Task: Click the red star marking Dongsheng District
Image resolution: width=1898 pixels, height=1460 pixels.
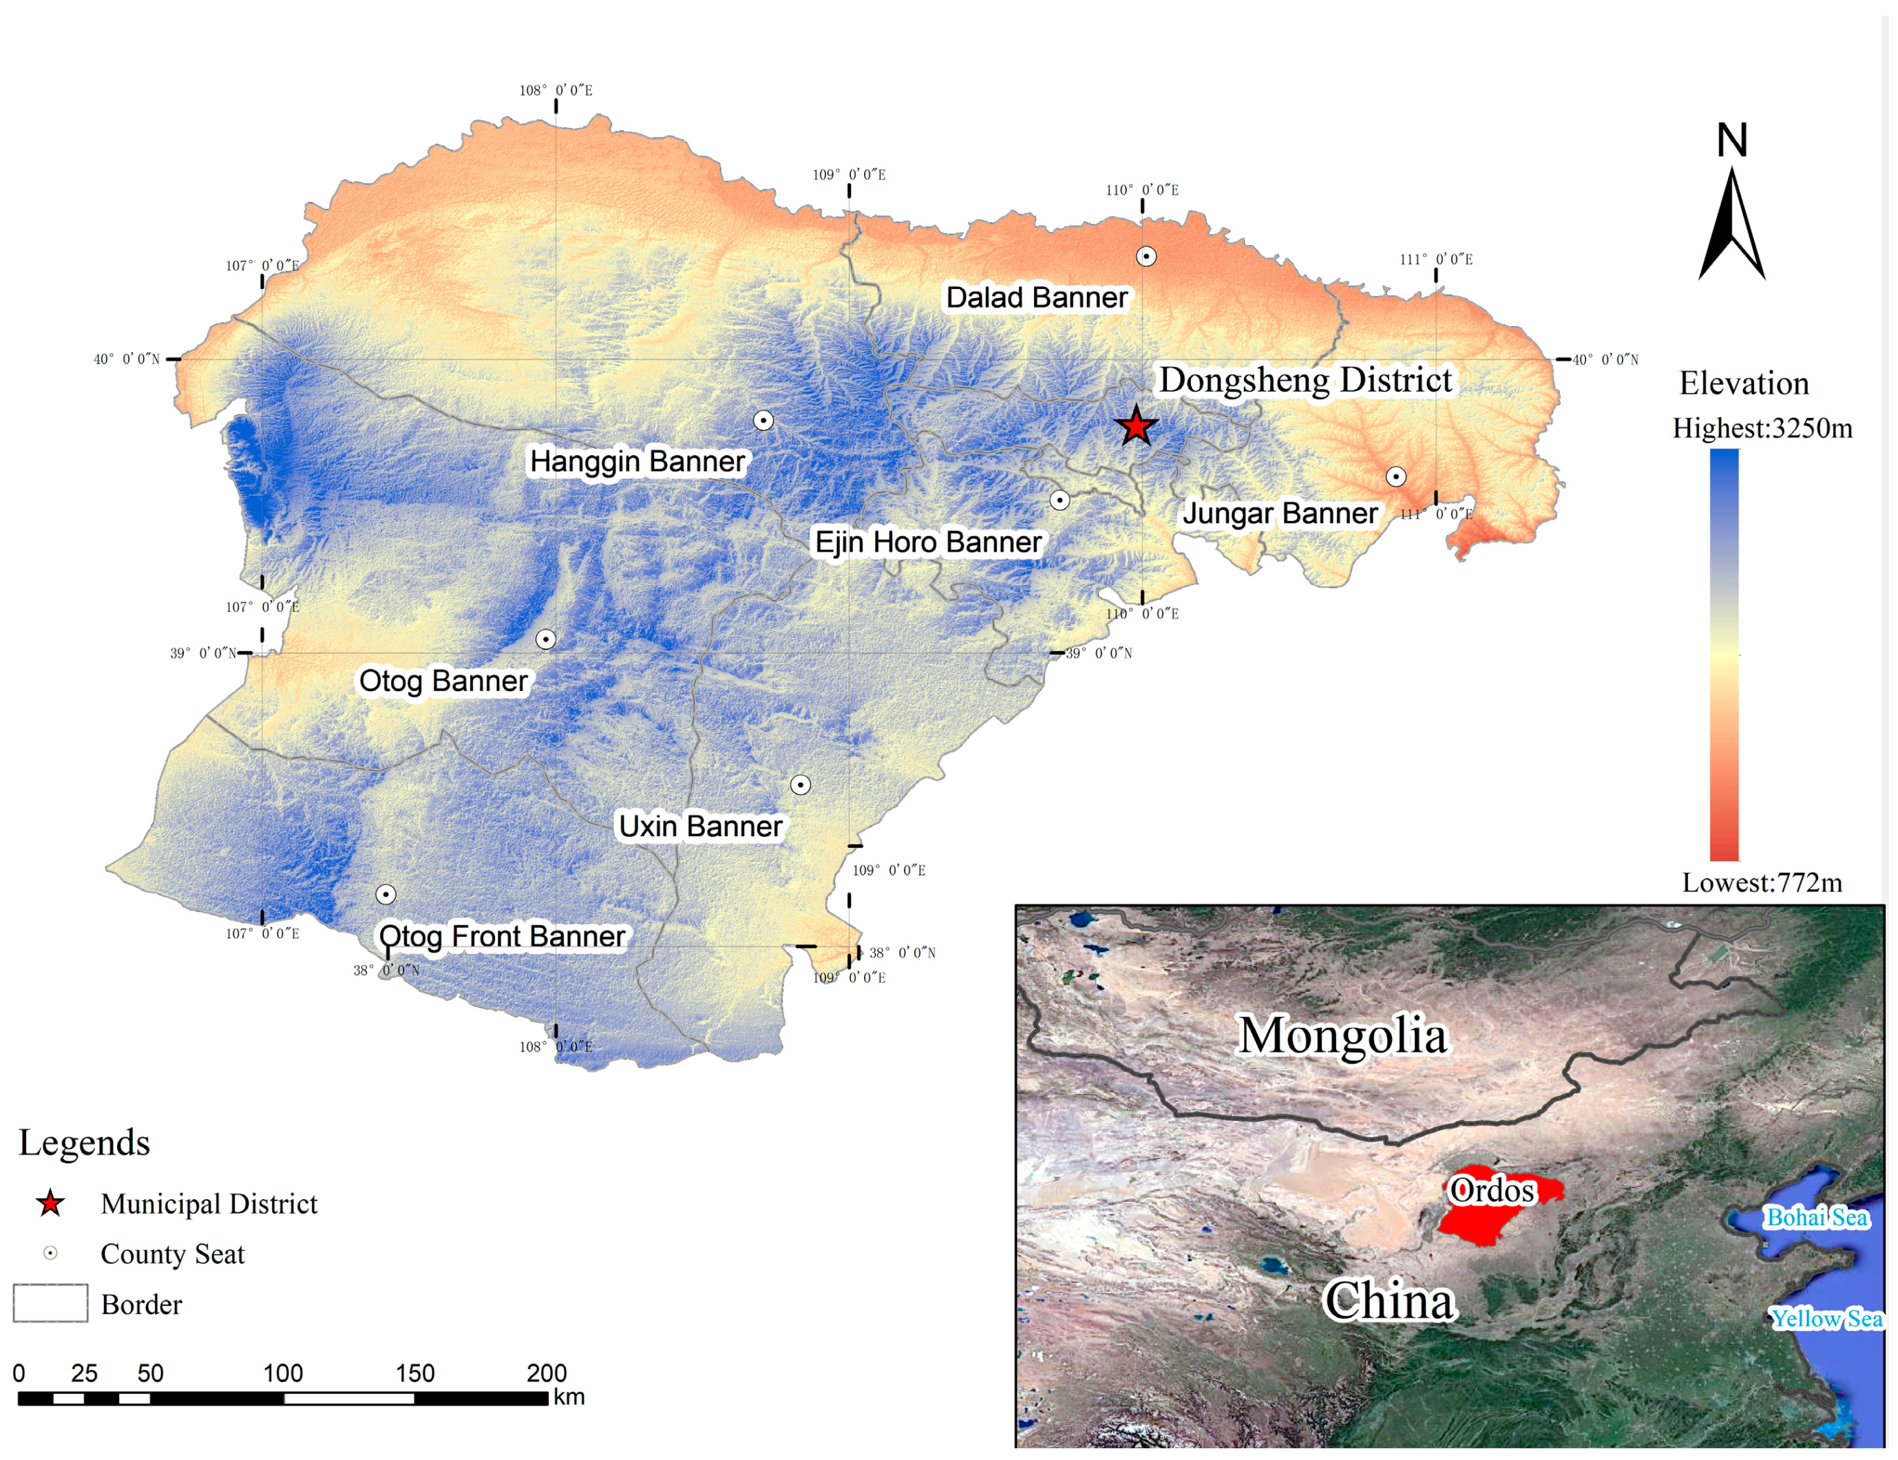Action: (x=1136, y=426)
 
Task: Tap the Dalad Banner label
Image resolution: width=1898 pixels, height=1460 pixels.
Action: (x=1036, y=297)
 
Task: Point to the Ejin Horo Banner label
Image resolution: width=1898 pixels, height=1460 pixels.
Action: (x=927, y=542)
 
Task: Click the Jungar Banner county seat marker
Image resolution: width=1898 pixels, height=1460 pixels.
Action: (x=1395, y=476)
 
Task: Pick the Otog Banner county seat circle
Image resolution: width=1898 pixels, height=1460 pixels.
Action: (x=545, y=639)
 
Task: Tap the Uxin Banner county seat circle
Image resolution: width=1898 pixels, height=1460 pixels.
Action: (x=799, y=785)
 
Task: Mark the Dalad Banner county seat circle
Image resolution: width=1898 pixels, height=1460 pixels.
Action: (x=1146, y=256)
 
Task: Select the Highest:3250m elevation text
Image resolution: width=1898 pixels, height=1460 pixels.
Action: (x=1762, y=428)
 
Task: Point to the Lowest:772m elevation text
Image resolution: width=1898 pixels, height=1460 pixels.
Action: (x=1762, y=883)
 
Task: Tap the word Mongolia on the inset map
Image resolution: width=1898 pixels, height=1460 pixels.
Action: (x=1342, y=1035)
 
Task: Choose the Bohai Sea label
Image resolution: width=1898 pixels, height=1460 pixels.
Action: (x=1816, y=1218)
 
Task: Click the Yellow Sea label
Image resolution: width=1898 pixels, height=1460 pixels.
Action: (x=1826, y=1318)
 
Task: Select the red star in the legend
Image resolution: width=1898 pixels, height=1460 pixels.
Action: (x=50, y=1204)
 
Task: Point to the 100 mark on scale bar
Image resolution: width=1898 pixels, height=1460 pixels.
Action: (x=284, y=1373)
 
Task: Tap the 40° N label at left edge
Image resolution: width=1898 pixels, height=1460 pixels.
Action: (x=127, y=359)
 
